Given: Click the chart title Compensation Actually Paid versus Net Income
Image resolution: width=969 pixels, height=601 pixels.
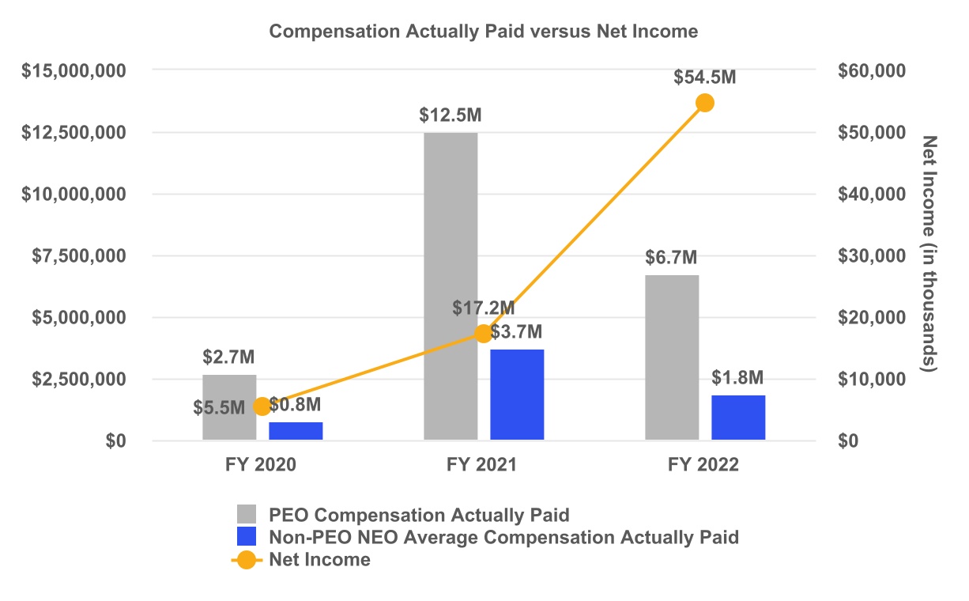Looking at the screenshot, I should coord(484,32).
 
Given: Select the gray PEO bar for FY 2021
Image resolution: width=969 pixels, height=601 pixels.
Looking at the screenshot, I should coord(451,285).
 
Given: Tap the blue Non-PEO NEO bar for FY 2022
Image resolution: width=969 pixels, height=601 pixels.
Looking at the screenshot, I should coord(738,418).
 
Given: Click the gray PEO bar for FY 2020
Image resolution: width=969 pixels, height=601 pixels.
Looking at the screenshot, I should coord(229,407).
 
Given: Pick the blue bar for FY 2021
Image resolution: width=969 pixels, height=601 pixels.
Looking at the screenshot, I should coord(517,395).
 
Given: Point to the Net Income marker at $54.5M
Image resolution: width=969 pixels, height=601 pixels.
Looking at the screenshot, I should coord(704,103).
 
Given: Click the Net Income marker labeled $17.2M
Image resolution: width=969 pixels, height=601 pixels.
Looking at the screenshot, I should coord(483,334).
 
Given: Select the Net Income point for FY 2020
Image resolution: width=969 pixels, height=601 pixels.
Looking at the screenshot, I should coord(262,406).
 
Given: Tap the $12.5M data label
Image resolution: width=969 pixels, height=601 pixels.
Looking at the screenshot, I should coord(451,115).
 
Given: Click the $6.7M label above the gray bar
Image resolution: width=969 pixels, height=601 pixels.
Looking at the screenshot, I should coord(671,258).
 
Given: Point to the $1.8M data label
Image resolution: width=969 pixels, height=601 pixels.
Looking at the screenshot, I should coord(737,377).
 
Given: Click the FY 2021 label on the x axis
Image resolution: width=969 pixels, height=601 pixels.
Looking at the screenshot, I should coord(482,465).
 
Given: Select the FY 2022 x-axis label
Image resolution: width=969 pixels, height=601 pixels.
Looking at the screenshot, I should coord(703,465).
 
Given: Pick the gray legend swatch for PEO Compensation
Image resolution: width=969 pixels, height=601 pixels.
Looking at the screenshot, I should coord(247,516).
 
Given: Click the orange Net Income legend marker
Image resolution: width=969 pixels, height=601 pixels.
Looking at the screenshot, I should coord(247,560).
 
